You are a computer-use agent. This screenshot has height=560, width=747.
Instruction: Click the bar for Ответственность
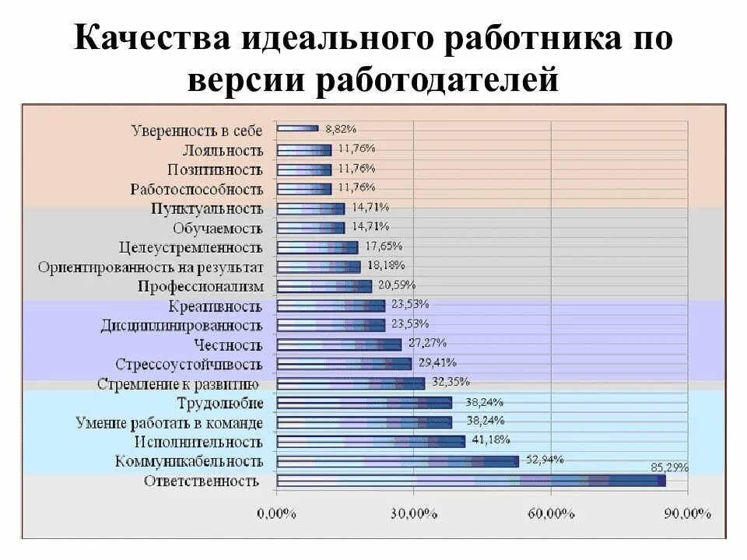471,481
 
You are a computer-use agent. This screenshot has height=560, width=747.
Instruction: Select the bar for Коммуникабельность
398,461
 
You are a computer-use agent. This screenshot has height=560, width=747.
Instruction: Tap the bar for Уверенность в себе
297,129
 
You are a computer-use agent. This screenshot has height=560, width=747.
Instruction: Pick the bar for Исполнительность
370,442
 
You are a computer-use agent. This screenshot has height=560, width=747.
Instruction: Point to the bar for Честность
338,344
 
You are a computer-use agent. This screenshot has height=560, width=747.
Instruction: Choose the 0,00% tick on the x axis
277,513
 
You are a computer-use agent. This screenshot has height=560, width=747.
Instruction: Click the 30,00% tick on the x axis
414,513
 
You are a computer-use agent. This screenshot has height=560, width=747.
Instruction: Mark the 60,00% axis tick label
551,513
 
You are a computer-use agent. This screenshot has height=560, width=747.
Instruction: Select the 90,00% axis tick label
688,513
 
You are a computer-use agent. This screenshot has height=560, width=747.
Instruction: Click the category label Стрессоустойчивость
189,364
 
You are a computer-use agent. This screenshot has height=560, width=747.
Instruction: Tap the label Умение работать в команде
170,422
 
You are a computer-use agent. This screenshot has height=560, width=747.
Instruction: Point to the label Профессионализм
201,286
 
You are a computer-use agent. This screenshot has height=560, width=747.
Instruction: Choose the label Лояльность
223,149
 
